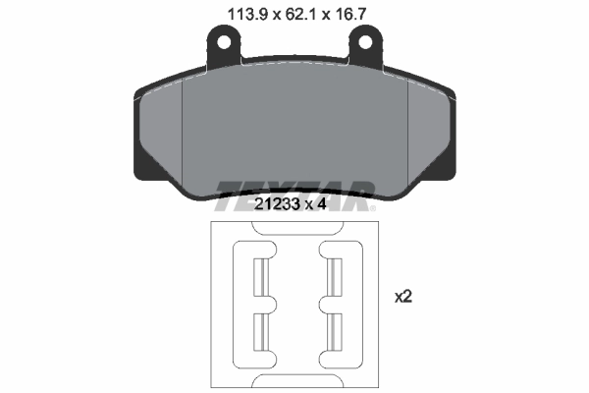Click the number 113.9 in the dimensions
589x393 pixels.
[x=234, y=14]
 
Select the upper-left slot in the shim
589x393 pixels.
[x=261, y=277]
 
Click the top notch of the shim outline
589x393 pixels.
[x=295, y=227]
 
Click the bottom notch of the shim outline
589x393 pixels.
[x=295, y=382]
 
